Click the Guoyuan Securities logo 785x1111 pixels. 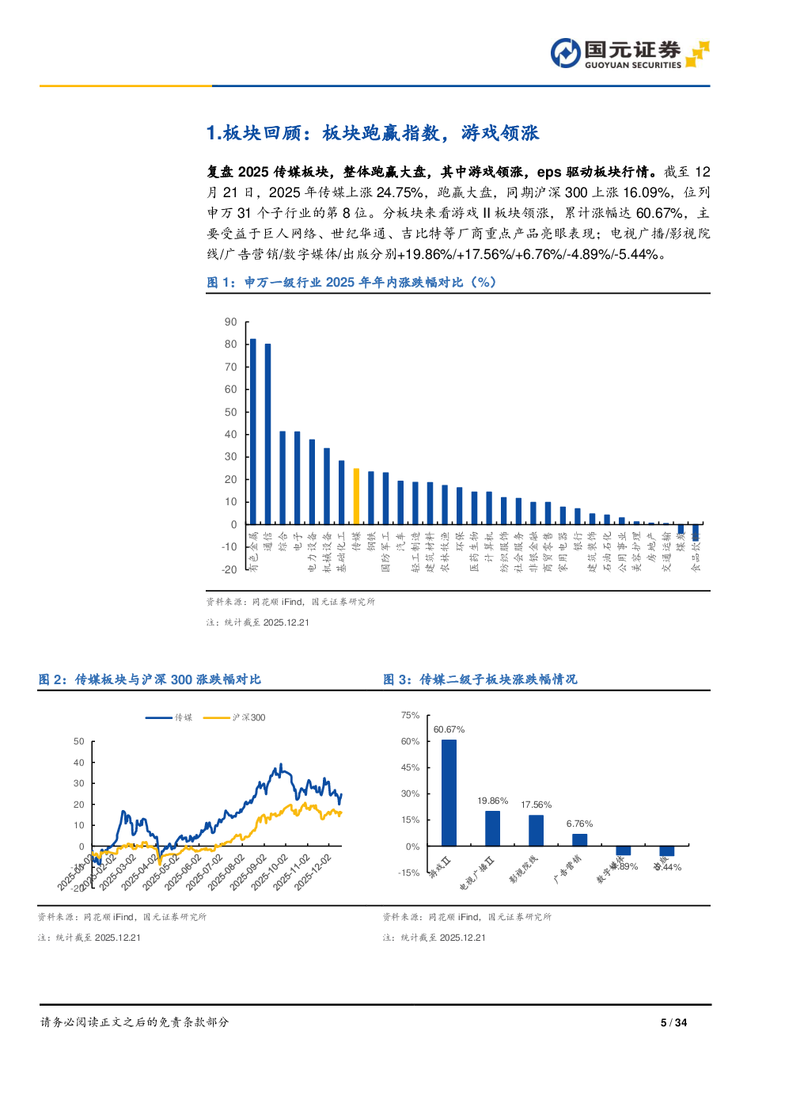(x=629, y=53)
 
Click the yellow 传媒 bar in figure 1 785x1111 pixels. (x=356, y=497)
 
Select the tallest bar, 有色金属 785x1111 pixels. (x=253, y=432)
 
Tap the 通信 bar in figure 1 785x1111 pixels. (x=268, y=434)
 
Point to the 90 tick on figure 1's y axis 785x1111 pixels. (x=231, y=322)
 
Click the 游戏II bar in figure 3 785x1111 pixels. (x=449, y=793)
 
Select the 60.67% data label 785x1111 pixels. (x=449, y=729)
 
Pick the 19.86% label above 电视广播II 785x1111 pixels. (x=492, y=801)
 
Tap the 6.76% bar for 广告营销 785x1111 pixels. (x=579, y=840)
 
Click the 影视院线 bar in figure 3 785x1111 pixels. (x=536, y=831)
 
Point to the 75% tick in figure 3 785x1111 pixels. (x=410, y=715)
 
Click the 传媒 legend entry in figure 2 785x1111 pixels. (x=169, y=717)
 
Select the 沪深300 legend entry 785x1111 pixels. (x=235, y=717)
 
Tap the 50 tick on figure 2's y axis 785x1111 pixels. (x=78, y=742)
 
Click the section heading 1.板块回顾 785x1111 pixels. (x=372, y=133)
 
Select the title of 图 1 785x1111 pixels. (x=351, y=283)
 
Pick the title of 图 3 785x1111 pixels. (x=480, y=679)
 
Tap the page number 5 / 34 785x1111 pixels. (x=673, y=1022)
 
